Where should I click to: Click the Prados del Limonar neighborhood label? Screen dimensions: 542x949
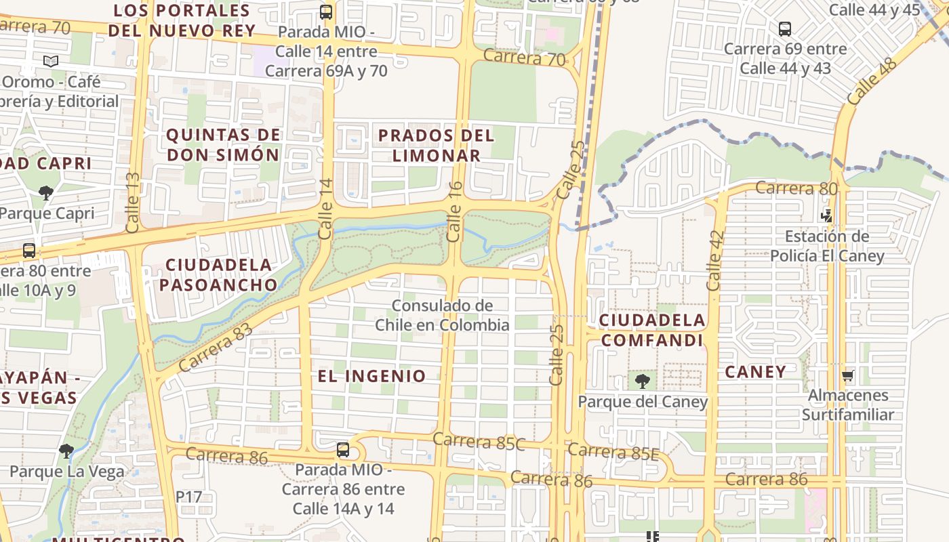437,145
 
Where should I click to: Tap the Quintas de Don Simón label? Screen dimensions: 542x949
223,145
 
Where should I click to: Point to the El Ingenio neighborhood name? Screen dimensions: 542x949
372,376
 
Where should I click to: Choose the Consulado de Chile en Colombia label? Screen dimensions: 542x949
442,315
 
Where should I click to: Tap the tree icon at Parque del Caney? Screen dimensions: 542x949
642,381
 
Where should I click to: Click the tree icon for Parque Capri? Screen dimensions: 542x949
46,193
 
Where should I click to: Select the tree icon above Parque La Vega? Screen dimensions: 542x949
66,451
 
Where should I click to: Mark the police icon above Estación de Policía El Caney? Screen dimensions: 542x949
826,216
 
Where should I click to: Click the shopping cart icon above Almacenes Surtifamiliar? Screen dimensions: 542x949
847,375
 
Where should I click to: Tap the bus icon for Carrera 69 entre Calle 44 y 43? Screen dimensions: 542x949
785,29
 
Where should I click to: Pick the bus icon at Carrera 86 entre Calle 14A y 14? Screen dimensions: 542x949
343,449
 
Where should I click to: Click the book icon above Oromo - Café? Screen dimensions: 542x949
51,62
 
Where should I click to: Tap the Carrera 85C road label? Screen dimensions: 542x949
479,441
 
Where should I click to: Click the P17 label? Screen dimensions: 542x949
189,497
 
